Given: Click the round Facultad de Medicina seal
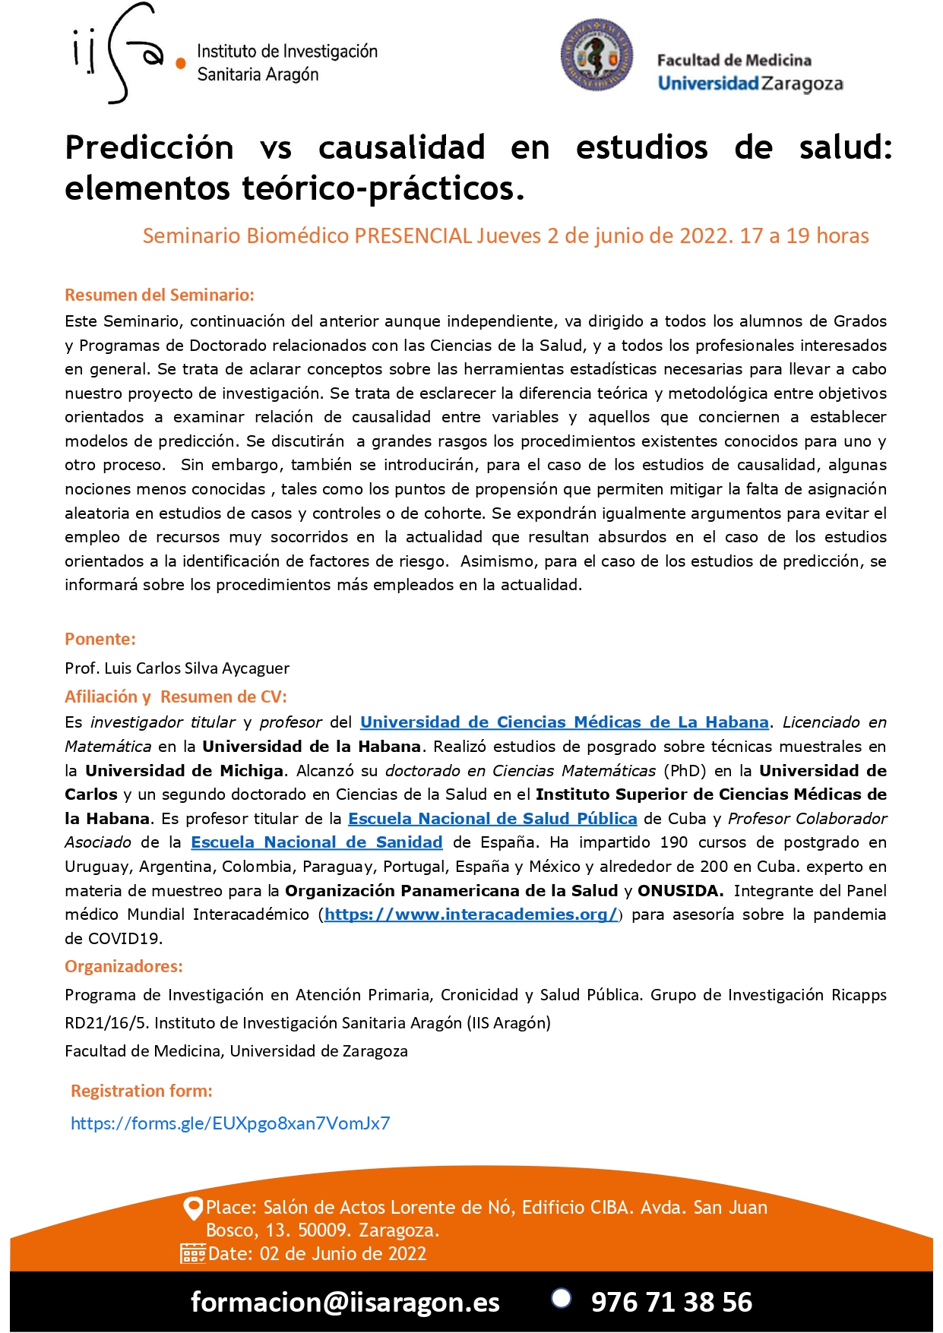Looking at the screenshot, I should pos(596,55).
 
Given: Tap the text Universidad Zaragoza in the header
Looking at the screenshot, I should pos(750,83).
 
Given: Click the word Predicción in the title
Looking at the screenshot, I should pos(150,147).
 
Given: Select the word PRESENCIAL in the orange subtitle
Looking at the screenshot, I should pos(413,235).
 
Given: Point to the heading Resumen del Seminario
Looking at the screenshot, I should pos(160,295).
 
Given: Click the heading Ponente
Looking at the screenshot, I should pos(100,639).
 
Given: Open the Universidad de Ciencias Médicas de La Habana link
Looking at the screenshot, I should pos(564,722).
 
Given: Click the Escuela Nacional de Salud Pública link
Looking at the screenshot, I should pos(492,818).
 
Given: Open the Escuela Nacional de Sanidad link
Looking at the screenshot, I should pos(316,842).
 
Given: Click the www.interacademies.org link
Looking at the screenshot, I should pos(471,914).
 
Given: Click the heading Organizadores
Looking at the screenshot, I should pos(124,966).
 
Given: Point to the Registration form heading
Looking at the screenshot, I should pos(141,1091).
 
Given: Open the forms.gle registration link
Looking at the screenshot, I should pos(230,1123).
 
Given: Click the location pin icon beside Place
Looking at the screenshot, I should pos(193,1207).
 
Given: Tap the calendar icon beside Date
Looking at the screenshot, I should pos(192,1253).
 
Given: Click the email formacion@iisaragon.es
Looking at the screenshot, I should pos(345,1302).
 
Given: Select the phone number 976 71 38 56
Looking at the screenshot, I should pos(671,1302).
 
